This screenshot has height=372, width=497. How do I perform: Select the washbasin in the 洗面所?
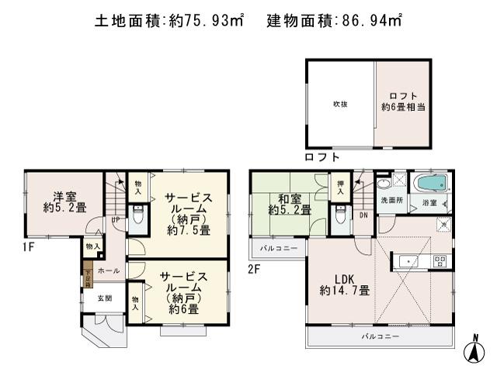[x=384, y=186]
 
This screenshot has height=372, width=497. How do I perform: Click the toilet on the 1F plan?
[x=137, y=216]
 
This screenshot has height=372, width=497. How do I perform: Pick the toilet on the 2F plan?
[x=339, y=216]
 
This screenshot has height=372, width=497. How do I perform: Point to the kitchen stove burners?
[x=439, y=262]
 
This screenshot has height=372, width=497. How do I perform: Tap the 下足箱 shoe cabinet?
[x=88, y=277]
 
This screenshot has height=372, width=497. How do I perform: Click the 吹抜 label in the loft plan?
[x=339, y=103]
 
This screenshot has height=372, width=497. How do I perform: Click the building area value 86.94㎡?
[x=373, y=22]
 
